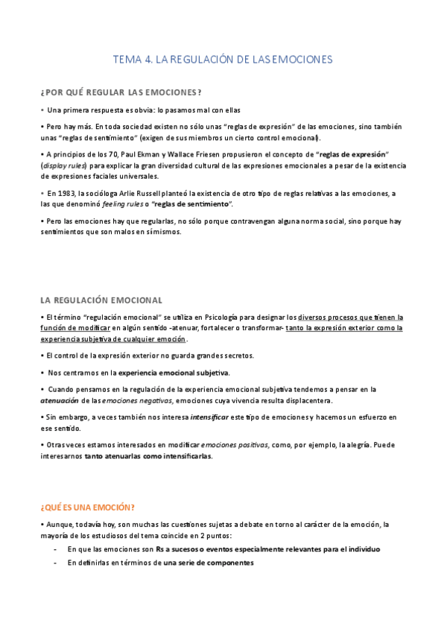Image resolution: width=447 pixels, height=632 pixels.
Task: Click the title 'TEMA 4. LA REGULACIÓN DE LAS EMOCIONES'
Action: coord(222,59)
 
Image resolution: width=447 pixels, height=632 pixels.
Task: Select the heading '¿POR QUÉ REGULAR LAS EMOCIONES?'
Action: coord(121,92)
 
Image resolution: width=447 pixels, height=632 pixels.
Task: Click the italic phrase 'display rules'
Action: coord(65,165)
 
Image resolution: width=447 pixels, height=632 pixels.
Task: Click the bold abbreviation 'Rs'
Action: coord(161,549)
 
